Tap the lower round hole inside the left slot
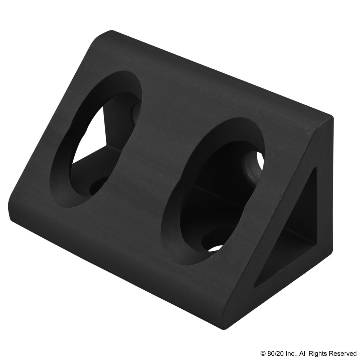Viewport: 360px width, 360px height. [98, 187]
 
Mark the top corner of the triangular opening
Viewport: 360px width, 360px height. [316, 169]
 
